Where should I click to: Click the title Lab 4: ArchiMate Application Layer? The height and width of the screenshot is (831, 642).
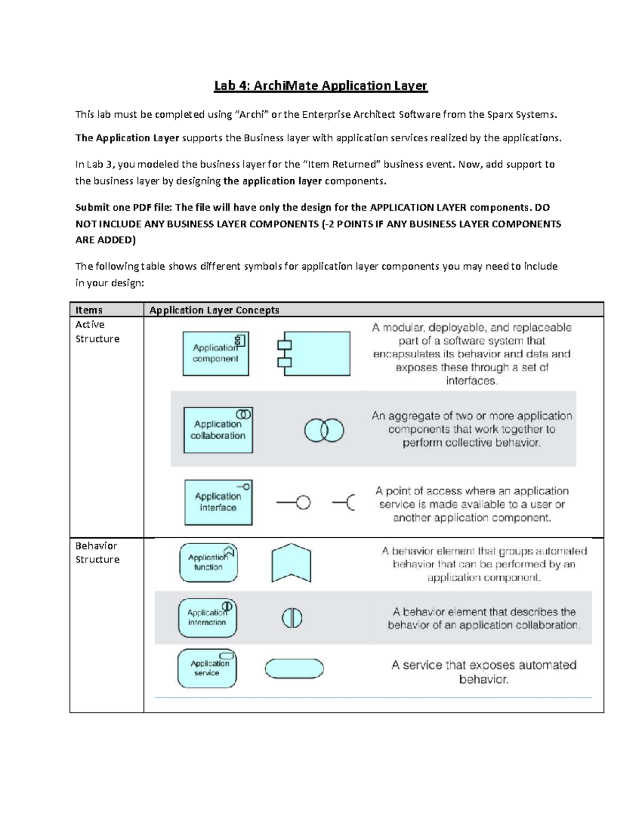(320, 86)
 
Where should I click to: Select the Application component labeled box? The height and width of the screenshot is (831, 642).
(216, 353)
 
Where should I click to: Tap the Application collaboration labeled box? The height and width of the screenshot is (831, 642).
(218, 430)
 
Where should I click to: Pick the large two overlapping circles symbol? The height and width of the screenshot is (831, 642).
(324, 430)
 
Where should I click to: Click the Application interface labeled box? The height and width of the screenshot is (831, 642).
(218, 502)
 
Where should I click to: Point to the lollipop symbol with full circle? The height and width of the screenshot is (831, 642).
(294, 503)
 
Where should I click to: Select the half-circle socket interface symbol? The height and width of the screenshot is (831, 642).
(344, 503)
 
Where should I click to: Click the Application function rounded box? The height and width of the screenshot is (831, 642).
(208, 562)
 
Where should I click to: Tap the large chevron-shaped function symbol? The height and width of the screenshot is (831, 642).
(291, 563)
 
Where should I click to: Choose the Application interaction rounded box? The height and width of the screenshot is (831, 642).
(207, 617)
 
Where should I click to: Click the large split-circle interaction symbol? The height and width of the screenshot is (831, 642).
(292, 618)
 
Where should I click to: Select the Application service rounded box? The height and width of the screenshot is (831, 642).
(207, 668)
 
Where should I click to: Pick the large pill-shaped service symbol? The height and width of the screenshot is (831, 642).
(294, 668)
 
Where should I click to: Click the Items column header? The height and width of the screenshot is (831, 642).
(89, 310)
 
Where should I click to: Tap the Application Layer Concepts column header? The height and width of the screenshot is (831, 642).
(214, 310)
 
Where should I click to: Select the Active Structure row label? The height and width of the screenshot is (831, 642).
(97, 331)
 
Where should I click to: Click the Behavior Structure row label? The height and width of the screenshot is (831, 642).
(97, 552)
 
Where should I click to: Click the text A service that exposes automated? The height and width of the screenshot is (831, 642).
(484, 665)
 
